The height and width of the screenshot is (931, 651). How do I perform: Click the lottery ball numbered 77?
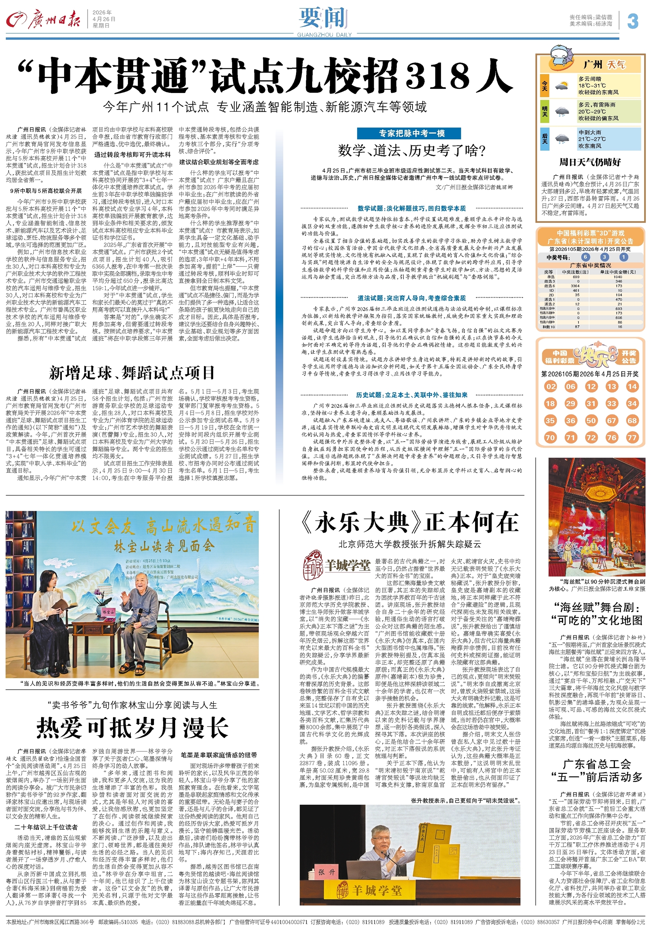[631, 437]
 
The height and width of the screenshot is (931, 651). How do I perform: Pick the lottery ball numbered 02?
[550, 386]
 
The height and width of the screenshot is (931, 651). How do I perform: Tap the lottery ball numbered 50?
[591, 421]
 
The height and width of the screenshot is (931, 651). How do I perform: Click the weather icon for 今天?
[562, 86]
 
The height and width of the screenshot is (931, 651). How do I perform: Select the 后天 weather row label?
[545, 139]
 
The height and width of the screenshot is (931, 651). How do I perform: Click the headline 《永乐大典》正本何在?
[409, 523]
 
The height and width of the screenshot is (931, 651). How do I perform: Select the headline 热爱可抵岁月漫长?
[132, 727]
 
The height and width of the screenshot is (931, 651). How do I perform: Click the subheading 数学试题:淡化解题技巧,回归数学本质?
[412, 208]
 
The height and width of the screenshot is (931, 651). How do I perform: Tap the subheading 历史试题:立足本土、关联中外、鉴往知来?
[412, 395]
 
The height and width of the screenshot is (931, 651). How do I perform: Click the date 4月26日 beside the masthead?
[103, 19]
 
